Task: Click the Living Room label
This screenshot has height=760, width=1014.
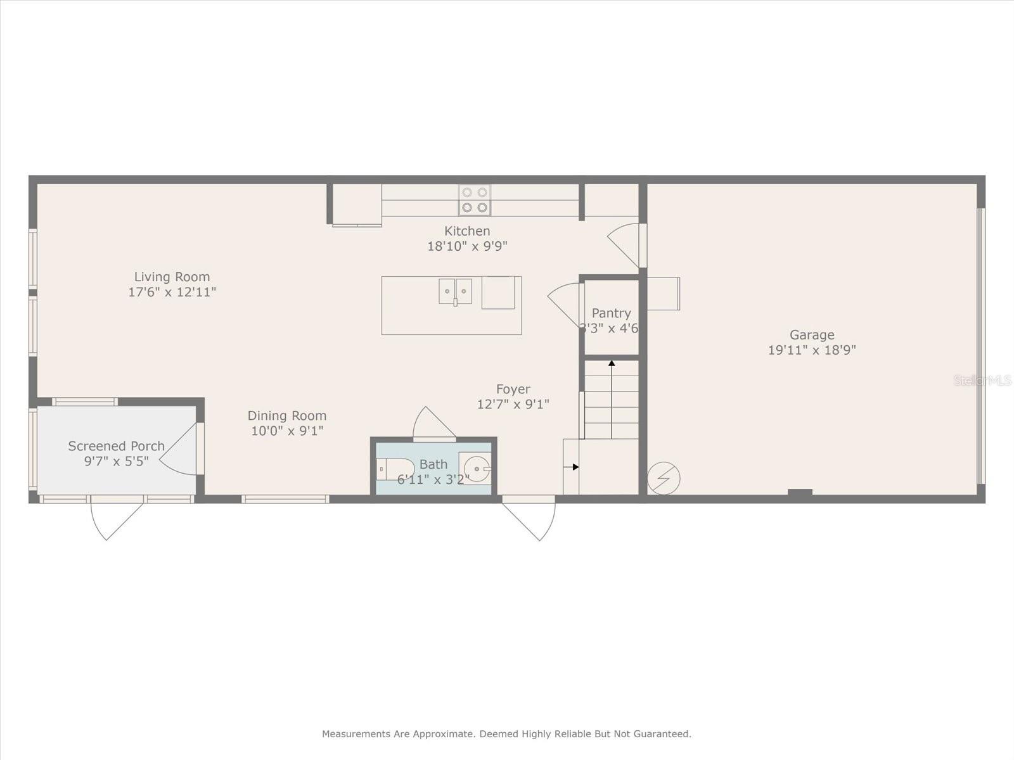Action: pyautogui.click(x=172, y=277)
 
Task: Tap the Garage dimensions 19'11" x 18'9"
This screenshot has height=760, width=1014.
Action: pyautogui.click(x=812, y=350)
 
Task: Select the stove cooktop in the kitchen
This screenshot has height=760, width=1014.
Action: pyautogui.click(x=475, y=200)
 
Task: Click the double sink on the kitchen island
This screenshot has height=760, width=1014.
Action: pyautogui.click(x=455, y=291)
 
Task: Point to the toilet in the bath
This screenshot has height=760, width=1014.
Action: pyautogui.click(x=395, y=469)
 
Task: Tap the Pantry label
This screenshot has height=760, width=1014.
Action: pyautogui.click(x=611, y=313)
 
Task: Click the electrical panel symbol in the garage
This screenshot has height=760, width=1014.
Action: pyautogui.click(x=664, y=478)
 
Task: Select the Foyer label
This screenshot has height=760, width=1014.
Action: pyautogui.click(x=513, y=389)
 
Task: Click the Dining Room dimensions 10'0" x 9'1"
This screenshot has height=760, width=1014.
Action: pyautogui.click(x=287, y=431)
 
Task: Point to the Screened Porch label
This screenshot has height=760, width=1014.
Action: pyautogui.click(x=116, y=446)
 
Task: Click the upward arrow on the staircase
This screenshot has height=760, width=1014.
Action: pyautogui.click(x=612, y=400)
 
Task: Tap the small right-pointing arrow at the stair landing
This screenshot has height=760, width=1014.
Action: pyautogui.click(x=571, y=467)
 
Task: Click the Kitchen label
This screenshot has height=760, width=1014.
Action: pyautogui.click(x=467, y=231)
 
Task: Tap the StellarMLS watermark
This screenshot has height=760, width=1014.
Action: pyautogui.click(x=982, y=380)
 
